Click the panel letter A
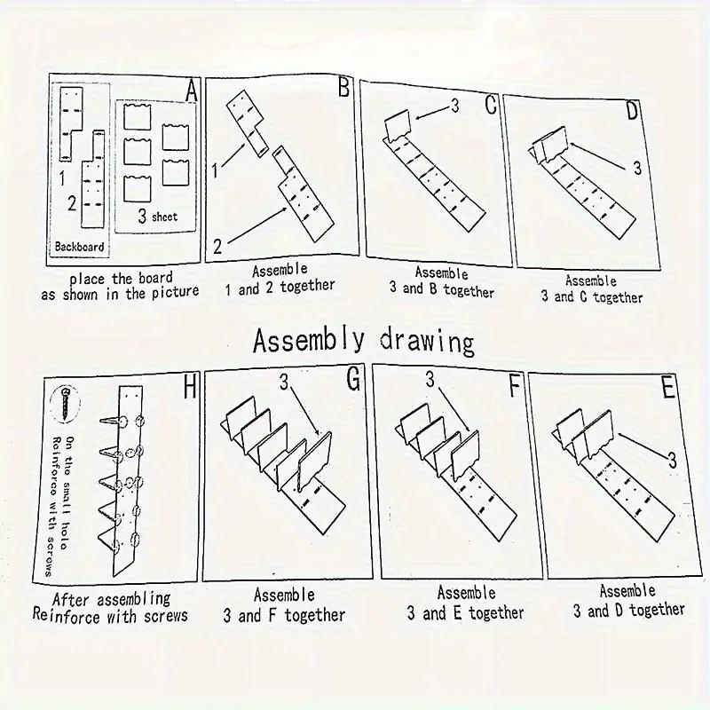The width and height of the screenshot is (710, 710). (x=192, y=91)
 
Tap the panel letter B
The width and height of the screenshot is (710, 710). (x=344, y=87)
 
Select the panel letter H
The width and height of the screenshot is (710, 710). (x=190, y=388)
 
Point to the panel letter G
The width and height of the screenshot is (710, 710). (x=353, y=379)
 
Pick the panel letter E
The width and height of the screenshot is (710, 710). (x=668, y=388)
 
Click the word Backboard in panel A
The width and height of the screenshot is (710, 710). (x=79, y=247)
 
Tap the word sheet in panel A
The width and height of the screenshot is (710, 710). (x=164, y=217)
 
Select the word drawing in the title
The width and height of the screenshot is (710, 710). (x=427, y=342)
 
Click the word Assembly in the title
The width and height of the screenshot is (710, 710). (x=308, y=341)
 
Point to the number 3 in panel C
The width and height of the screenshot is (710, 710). (x=455, y=106)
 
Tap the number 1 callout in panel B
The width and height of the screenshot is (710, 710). (x=215, y=170)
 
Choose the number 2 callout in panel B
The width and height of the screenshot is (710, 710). (x=217, y=247)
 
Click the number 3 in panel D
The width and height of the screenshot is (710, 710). (x=637, y=168)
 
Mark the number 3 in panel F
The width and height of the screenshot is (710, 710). (x=430, y=380)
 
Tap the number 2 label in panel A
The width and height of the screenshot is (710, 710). (x=72, y=204)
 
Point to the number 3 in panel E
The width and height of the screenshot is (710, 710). (x=672, y=461)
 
